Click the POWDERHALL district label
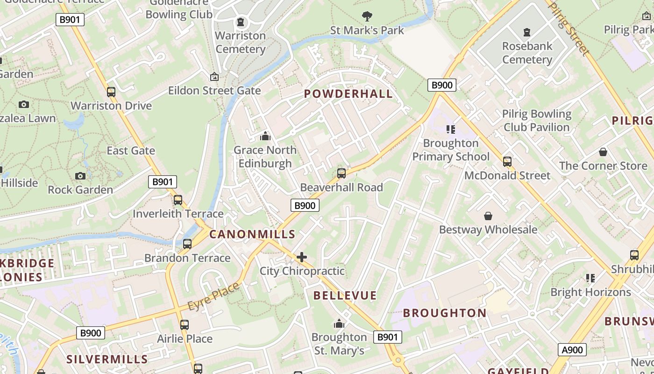pyautogui.click(x=348, y=93)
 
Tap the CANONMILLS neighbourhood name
pyautogui.click(x=252, y=234)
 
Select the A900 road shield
pyautogui.click(x=572, y=350)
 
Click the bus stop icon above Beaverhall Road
pyautogui.click(x=341, y=173)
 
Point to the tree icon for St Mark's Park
pyautogui.click(x=367, y=16)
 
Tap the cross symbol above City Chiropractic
pyautogui.click(x=302, y=257)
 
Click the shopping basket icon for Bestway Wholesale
pyautogui.click(x=488, y=216)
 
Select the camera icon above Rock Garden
pyautogui.click(x=80, y=176)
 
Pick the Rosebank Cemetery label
pyautogui.click(x=527, y=53)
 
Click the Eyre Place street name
pyautogui.click(x=213, y=296)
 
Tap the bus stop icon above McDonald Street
pyautogui.click(x=507, y=162)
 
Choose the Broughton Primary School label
pyautogui.click(x=451, y=150)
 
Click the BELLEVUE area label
pyautogui.click(x=345, y=295)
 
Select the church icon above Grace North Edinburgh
pyautogui.click(x=265, y=136)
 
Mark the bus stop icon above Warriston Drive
pyautogui.click(x=111, y=92)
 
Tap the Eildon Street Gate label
pyautogui.click(x=214, y=90)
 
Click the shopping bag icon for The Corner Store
pyautogui.click(x=603, y=152)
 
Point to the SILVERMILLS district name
pyautogui.click(x=107, y=359)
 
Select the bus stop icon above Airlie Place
pyautogui.click(x=185, y=324)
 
